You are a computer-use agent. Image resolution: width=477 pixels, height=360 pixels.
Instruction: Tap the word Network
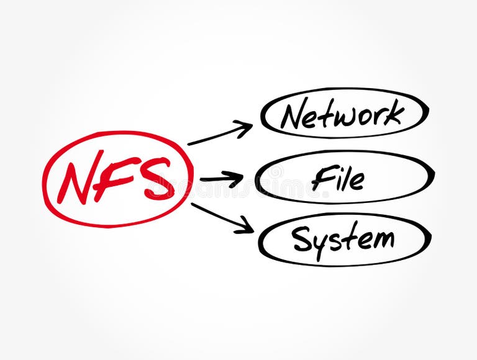(x=342, y=114)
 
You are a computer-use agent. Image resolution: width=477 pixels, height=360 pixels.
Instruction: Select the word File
(x=338, y=178)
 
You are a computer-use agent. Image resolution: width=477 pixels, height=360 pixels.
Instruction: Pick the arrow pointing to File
(x=221, y=179)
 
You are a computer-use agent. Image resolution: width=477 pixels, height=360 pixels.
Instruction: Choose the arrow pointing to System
(x=222, y=218)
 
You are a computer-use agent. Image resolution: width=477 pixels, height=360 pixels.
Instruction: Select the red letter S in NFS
(x=155, y=179)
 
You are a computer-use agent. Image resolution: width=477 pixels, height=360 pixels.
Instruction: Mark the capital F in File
(x=324, y=178)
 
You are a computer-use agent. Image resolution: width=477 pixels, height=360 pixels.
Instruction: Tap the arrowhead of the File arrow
(x=237, y=179)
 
